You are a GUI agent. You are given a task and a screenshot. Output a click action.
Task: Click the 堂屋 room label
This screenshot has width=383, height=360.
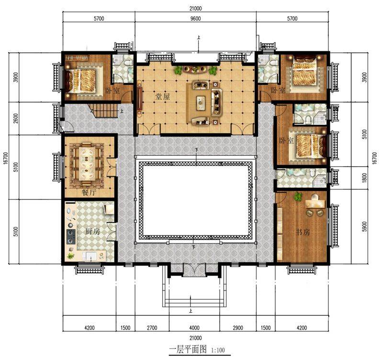tap(162, 96)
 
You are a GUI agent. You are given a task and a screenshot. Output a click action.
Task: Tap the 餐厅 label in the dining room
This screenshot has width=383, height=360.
tap(89, 193)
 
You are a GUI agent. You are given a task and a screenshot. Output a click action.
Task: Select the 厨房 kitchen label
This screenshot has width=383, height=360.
tap(92, 231)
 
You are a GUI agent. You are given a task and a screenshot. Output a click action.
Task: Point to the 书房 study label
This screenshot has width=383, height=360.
tap(303, 232)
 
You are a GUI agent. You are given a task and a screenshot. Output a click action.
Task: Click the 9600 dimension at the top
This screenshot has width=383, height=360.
tap(195, 19)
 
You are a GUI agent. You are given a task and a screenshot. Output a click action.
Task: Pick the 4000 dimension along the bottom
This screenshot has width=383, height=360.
tap(194, 327)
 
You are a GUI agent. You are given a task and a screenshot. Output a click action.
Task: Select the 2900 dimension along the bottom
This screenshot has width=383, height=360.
tap(237, 327)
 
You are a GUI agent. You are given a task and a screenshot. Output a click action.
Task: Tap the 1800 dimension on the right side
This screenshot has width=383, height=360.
tap(364, 178)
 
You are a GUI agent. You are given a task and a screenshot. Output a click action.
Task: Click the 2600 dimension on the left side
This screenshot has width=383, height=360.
tap(16, 118)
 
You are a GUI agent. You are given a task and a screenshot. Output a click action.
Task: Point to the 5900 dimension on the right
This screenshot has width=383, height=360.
tap(364, 226)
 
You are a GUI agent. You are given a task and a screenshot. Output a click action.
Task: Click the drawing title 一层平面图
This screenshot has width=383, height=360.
tap(188, 349)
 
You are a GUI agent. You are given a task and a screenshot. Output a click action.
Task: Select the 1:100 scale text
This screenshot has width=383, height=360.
tap(218, 350)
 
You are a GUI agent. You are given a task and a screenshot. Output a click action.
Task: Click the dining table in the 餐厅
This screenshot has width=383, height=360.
tap(87, 164)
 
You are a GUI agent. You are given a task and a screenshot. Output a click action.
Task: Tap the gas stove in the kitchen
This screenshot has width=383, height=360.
tap(71, 237)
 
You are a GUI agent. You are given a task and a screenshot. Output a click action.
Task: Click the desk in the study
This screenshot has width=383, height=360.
tap(315, 203)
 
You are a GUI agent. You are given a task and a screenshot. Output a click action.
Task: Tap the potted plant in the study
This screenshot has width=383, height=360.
tap(298, 197)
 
